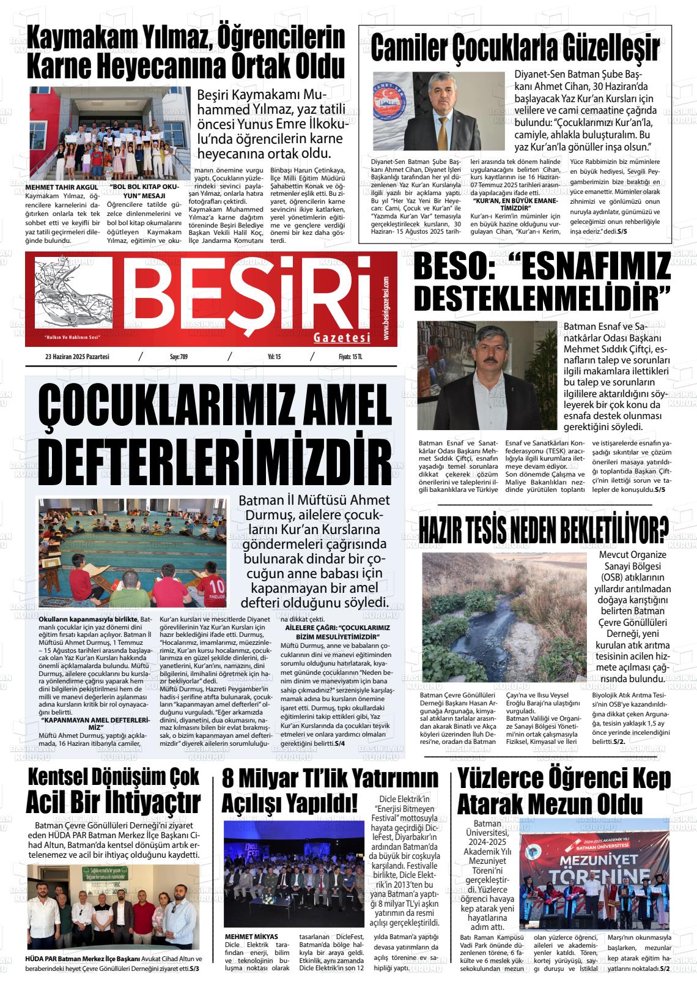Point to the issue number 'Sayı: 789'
point(179,357)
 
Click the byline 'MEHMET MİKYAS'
point(251,937)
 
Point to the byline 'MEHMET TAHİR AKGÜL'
point(62,187)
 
